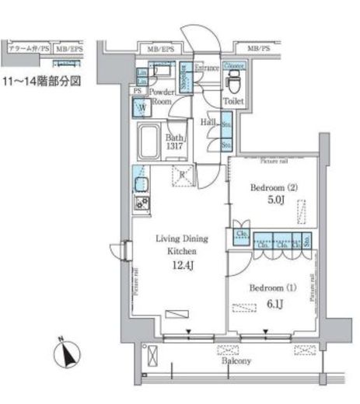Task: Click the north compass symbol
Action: click(68, 355)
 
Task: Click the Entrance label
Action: click(207, 68)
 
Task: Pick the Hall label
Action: click(208, 123)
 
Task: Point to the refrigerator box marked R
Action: click(181, 175)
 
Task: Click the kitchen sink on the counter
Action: click(142, 184)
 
